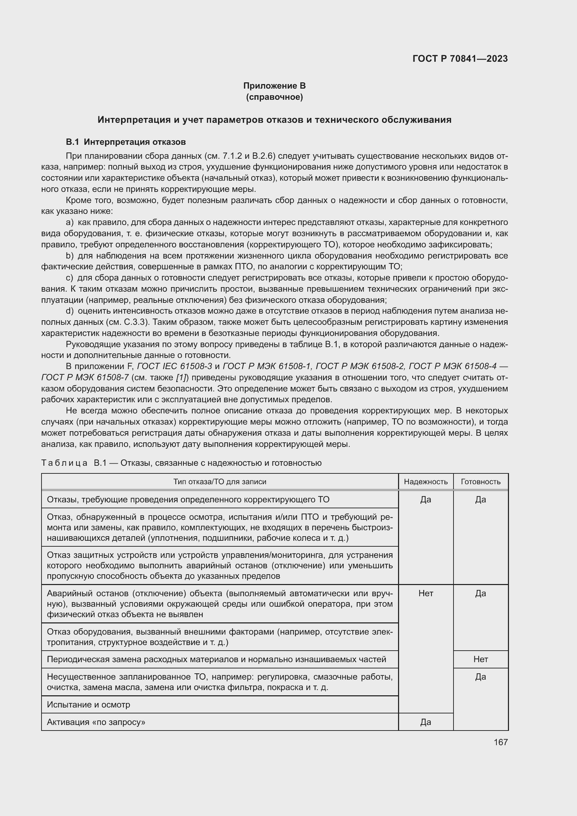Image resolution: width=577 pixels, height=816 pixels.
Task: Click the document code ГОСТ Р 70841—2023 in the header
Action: [x=460, y=59]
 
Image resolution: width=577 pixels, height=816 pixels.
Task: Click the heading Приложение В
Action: [x=274, y=86]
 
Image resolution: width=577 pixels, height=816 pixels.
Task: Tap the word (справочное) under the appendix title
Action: [x=274, y=97]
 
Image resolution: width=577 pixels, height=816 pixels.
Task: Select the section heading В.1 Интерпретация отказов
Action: [x=126, y=142]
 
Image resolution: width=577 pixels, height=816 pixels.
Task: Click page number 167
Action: [x=501, y=742]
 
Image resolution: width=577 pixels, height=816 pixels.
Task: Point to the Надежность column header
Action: [x=426, y=481]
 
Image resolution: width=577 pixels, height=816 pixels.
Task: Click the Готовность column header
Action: [x=480, y=481]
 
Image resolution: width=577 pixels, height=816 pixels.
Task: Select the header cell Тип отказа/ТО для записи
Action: [x=219, y=481]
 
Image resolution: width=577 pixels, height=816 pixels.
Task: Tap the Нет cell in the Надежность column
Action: [x=426, y=593]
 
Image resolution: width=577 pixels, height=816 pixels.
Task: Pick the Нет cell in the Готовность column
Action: [x=480, y=659]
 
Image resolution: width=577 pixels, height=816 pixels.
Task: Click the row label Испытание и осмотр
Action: [x=89, y=704]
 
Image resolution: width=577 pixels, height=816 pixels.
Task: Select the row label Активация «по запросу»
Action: [x=96, y=722]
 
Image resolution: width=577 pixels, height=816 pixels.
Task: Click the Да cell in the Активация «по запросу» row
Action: [x=426, y=722]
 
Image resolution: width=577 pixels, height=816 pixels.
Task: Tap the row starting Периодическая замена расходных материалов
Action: [x=216, y=659]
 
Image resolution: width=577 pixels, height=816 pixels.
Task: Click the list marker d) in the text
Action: [x=70, y=311]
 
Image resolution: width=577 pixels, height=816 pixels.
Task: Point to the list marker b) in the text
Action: [x=70, y=256]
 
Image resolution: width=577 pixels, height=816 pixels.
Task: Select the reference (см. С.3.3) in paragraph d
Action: [x=130, y=322]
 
